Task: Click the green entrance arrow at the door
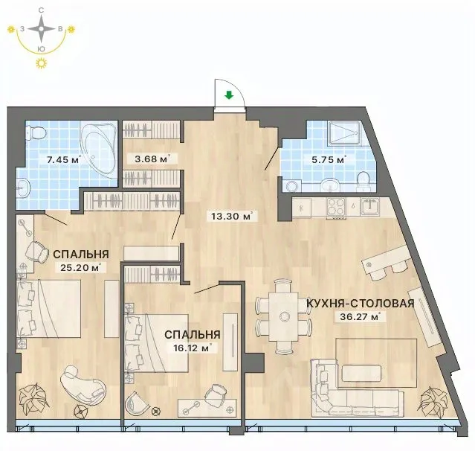pyautogui.click(x=229, y=96)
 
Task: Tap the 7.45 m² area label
pyautogui.click(x=64, y=159)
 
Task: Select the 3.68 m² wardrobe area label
pyautogui.click(x=152, y=159)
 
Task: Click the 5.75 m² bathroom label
pyautogui.click(x=329, y=159)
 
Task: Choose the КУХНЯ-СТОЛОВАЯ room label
pyautogui.click(x=361, y=303)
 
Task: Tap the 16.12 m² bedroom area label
pyautogui.click(x=193, y=348)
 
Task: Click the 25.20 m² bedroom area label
pyautogui.click(x=80, y=267)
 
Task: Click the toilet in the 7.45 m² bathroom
pyautogui.click(x=36, y=132)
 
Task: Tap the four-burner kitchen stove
pyautogui.click(x=336, y=207)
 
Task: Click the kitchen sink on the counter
pyautogui.click(x=370, y=206)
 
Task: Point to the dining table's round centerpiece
pyautogui.click(x=285, y=316)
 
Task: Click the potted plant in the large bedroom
pyautogui.click(x=33, y=398)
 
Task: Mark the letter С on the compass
pyautogui.click(x=41, y=10)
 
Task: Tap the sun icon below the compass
pyautogui.click(x=41, y=63)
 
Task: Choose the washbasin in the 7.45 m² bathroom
pyautogui.click(x=23, y=188)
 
